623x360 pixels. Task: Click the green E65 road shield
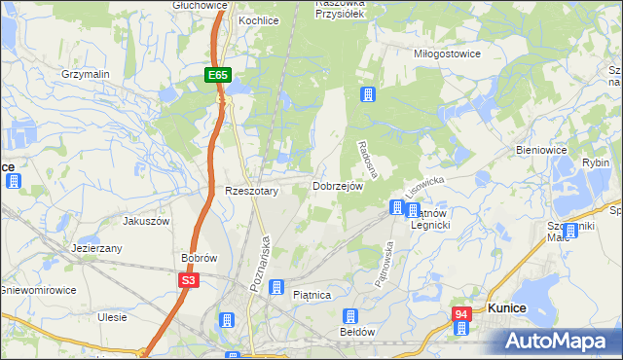pyautogui.click(x=217, y=75)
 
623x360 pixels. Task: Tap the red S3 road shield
pyautogui.click(x=189, y=280)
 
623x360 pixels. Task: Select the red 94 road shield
pyautogui.click(x=461, y=314)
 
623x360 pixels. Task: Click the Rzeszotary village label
pyautogui.click(x=252, y=192)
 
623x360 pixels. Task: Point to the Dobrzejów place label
pyautogui.click(x=338, y=186)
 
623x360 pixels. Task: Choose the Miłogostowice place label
pyautogui.click(x=447, y=54)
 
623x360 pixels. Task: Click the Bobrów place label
pyautogui.click(x=199, y=258)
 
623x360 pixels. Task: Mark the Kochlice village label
pyautogui.click(x=259, y=19)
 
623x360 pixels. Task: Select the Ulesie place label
pyautogui.click(x=112, y=317)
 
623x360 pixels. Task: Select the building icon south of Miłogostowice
pyautogui.click(x=368, y=94)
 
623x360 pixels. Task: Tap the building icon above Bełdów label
pyautogui.click(x=350, y=316)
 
